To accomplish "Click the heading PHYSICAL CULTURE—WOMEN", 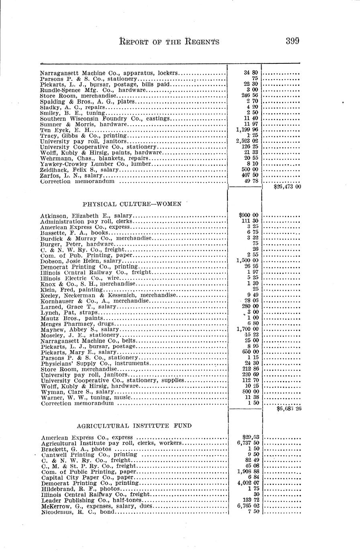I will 132,204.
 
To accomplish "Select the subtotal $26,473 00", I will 287,187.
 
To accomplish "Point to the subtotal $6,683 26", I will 289,409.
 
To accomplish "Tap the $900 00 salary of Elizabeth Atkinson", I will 248,216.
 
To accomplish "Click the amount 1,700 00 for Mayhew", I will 247,329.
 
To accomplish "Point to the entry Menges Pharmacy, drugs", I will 77,324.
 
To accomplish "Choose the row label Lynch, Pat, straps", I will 69,312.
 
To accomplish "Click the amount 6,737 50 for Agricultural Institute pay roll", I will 247,443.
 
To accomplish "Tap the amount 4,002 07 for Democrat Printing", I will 247,483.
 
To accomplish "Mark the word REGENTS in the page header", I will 202,41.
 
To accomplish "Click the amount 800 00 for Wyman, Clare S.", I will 249,392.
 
